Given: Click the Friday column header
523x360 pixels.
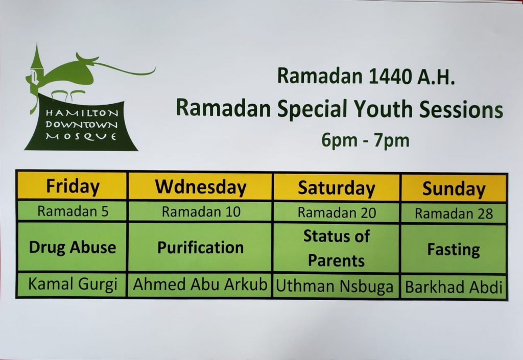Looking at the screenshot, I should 72,186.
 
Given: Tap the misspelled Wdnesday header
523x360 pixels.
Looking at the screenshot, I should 200,186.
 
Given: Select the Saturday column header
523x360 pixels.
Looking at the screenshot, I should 336,187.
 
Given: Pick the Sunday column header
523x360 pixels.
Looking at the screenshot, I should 454,189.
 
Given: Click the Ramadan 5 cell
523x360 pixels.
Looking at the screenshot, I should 73,211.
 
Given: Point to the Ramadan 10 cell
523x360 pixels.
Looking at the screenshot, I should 201,212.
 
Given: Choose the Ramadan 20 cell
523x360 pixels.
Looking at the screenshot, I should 337,212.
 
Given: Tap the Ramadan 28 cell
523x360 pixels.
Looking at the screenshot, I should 454,213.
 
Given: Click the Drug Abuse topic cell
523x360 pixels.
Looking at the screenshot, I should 72,247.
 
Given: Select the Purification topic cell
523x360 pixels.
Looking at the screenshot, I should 200,248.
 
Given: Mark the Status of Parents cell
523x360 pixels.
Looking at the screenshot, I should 337,248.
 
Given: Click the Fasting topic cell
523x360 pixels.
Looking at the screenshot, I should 454,250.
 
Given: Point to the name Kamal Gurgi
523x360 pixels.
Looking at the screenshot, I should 72,284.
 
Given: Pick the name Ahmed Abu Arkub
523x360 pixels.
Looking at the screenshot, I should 200,285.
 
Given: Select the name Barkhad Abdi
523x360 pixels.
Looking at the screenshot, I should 454,287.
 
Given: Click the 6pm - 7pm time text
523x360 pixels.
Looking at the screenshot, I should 365,139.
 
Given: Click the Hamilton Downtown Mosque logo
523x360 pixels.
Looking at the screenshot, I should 82,102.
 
